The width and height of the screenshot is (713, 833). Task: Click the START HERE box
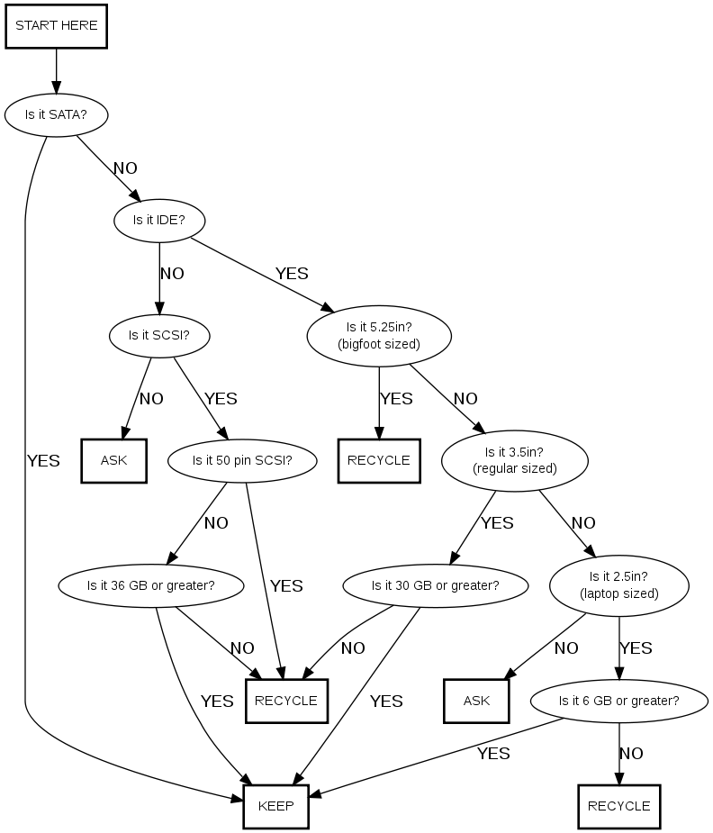point(57,25)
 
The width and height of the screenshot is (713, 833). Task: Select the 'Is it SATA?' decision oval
point(57,114)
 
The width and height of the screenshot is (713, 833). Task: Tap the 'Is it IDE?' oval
point(159,219)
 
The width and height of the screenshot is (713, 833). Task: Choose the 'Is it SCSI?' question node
point(159,336)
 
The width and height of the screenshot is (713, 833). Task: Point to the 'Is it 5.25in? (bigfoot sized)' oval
point(379,336)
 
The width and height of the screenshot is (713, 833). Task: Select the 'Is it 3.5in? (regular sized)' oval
point(515,460)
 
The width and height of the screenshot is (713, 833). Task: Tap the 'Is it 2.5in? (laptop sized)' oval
point(619,585)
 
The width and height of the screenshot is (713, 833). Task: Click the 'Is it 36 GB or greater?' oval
point(150,585)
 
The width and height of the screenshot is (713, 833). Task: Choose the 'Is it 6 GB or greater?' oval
point(619,701)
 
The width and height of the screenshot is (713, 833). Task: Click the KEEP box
point(276,806)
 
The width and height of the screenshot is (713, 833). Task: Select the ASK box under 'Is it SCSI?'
point(114,460)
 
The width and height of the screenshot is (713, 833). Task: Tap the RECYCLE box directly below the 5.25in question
point(379,460)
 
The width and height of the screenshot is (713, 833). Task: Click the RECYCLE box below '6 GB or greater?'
point(619,806)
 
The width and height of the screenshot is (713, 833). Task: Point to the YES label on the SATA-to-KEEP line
point(43,461)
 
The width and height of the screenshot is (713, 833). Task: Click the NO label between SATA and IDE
point(125,168)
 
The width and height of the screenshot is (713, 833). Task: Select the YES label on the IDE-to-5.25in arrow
point(292,273)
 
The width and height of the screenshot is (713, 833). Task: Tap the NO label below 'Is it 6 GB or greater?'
point(631,754)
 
